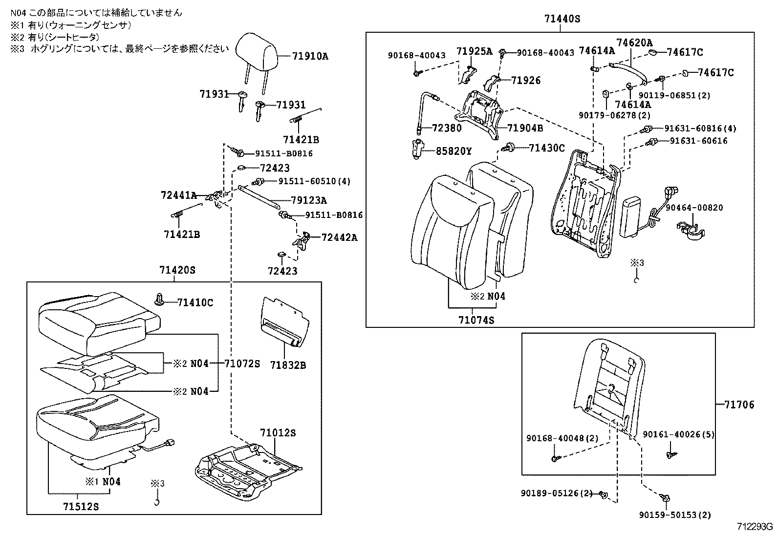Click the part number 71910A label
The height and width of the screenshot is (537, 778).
310,56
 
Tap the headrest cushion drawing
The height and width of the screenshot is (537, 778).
256,49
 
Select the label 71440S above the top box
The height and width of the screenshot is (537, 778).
562,19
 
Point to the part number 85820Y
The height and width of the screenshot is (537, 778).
454,151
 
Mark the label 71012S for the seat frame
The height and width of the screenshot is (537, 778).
278,433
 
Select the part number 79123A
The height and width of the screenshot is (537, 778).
309,200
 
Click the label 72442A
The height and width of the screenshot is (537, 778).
339,237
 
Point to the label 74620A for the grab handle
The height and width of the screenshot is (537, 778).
634,43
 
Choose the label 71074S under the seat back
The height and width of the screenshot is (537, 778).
476,320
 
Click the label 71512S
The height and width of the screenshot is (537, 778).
82,507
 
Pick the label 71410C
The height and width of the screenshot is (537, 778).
195,303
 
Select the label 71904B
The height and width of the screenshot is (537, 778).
525,129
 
